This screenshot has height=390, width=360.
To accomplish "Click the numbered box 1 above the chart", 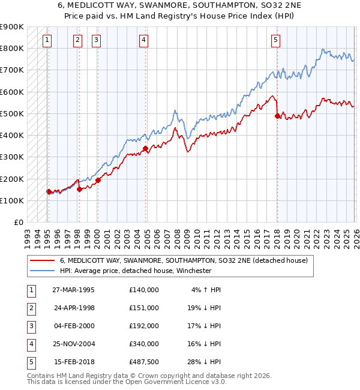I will tap(47, 40).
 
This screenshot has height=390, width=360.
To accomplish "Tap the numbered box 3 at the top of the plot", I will tap(96, 40).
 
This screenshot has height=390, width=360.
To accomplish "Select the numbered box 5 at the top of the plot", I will tap(275, 40).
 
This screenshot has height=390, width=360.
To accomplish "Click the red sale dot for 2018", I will tap(277, 116).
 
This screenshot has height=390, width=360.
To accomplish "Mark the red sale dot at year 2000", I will tap(98, 181).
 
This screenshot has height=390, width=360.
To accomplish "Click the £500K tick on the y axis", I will tap(12, 113).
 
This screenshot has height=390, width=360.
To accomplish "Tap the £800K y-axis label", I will tap(12, 48).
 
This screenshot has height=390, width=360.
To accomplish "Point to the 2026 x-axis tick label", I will tap(355, 234).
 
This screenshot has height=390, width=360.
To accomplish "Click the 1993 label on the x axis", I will tap(28, 234).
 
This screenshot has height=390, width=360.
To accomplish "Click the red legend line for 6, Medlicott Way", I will tap(42, 260).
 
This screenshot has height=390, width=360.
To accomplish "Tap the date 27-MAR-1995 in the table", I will tap(73, 290).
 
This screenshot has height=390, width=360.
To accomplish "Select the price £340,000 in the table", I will tap(143, 344).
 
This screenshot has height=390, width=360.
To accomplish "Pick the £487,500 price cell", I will tap(143, 362).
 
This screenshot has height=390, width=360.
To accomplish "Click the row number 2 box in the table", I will tap(29, 308).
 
